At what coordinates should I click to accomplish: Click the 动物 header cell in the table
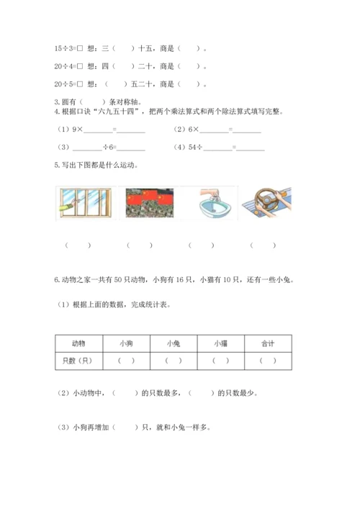[79, 343]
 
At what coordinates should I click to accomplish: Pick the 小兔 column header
[174, 343]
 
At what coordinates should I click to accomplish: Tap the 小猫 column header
[220, 343]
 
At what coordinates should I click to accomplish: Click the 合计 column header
[267, 343]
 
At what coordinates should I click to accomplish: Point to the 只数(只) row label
[79, 361]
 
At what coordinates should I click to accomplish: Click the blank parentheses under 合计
[267, 361]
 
